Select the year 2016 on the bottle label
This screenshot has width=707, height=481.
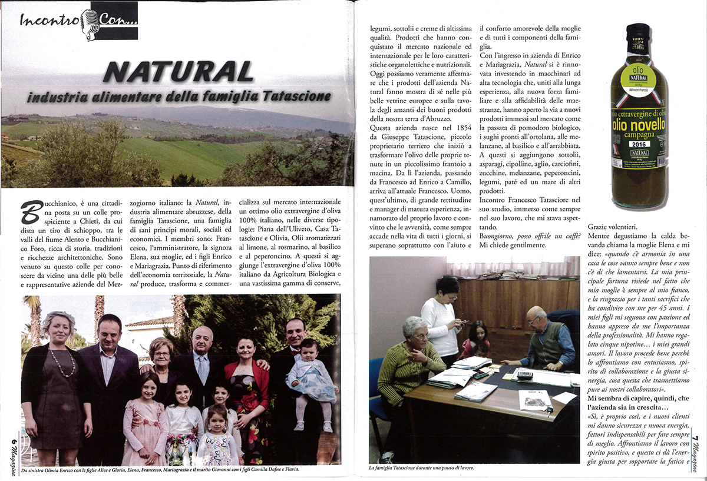[638, 144]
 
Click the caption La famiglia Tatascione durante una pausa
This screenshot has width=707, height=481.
[421, 469]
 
